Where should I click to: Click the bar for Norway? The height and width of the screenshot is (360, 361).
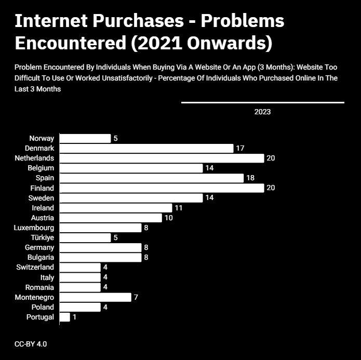(x=85, y=138)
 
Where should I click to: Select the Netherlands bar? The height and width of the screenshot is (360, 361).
(x=162, y=158)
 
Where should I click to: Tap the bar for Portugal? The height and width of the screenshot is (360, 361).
(x=65, y=317)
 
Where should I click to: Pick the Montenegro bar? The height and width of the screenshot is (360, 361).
(x=96, y=297)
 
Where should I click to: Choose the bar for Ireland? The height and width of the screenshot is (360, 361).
(x=116, y=208)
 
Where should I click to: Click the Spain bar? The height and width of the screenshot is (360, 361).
(x=152, y=178)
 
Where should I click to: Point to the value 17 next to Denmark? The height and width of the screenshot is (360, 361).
(x=240, y=148)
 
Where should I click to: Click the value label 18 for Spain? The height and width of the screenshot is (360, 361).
(x=250, y=178)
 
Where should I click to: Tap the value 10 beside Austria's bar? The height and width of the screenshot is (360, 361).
(x=168, y=218)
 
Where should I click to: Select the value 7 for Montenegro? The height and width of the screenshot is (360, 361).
(x=136, y=297)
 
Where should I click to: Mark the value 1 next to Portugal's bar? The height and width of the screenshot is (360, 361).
(x=74, y=317)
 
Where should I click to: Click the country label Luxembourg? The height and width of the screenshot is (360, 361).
(x=34, y=228)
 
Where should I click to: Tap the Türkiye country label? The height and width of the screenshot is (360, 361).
(x=43, y=237)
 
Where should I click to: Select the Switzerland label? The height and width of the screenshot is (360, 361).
(x=35, y=267)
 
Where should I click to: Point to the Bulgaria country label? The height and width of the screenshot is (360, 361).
(x=41, y=257)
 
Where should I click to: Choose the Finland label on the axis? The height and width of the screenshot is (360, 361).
(x=42, y=188)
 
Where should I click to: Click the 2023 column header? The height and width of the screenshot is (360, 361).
(x=262, y=112)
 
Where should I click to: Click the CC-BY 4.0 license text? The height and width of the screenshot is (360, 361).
(x=31, y=344)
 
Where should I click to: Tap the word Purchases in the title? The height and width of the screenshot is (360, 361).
(x=138, y=21)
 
